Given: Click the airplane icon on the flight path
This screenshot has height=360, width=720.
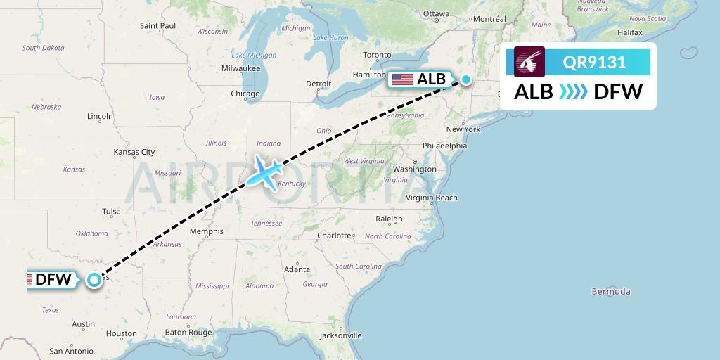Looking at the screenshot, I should [x=264, y=171].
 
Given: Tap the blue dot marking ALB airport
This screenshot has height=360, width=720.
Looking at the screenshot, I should [x=465, y=79].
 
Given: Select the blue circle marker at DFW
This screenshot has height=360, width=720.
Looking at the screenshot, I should [x=94, y=280].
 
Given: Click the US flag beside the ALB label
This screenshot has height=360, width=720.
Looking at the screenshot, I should [x=403, y=79].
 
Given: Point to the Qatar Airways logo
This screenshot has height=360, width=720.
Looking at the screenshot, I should [x=529, y=62].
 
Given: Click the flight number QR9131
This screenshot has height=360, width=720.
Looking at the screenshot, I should [x=594, y=63].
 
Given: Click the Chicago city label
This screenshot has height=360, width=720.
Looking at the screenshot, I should [x=245, y=94].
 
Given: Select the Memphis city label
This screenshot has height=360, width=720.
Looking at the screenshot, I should [x=206, y=231].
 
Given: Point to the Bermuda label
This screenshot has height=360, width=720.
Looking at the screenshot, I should [x=611, y=291].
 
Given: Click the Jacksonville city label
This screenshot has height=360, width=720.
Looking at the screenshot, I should [x=340, y=335].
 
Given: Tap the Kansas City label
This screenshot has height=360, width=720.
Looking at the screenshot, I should [x=134, y=152].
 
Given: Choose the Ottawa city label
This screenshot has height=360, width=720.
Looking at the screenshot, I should [x=436, y=13].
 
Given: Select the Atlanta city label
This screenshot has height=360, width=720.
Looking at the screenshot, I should [x=297, y=269].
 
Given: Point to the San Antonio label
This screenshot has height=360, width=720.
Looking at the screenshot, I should [x=72, y=351].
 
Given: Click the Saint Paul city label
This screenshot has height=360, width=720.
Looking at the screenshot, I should [x=157, y=26].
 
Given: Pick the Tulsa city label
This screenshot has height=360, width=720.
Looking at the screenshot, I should [x=111, y=211].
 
